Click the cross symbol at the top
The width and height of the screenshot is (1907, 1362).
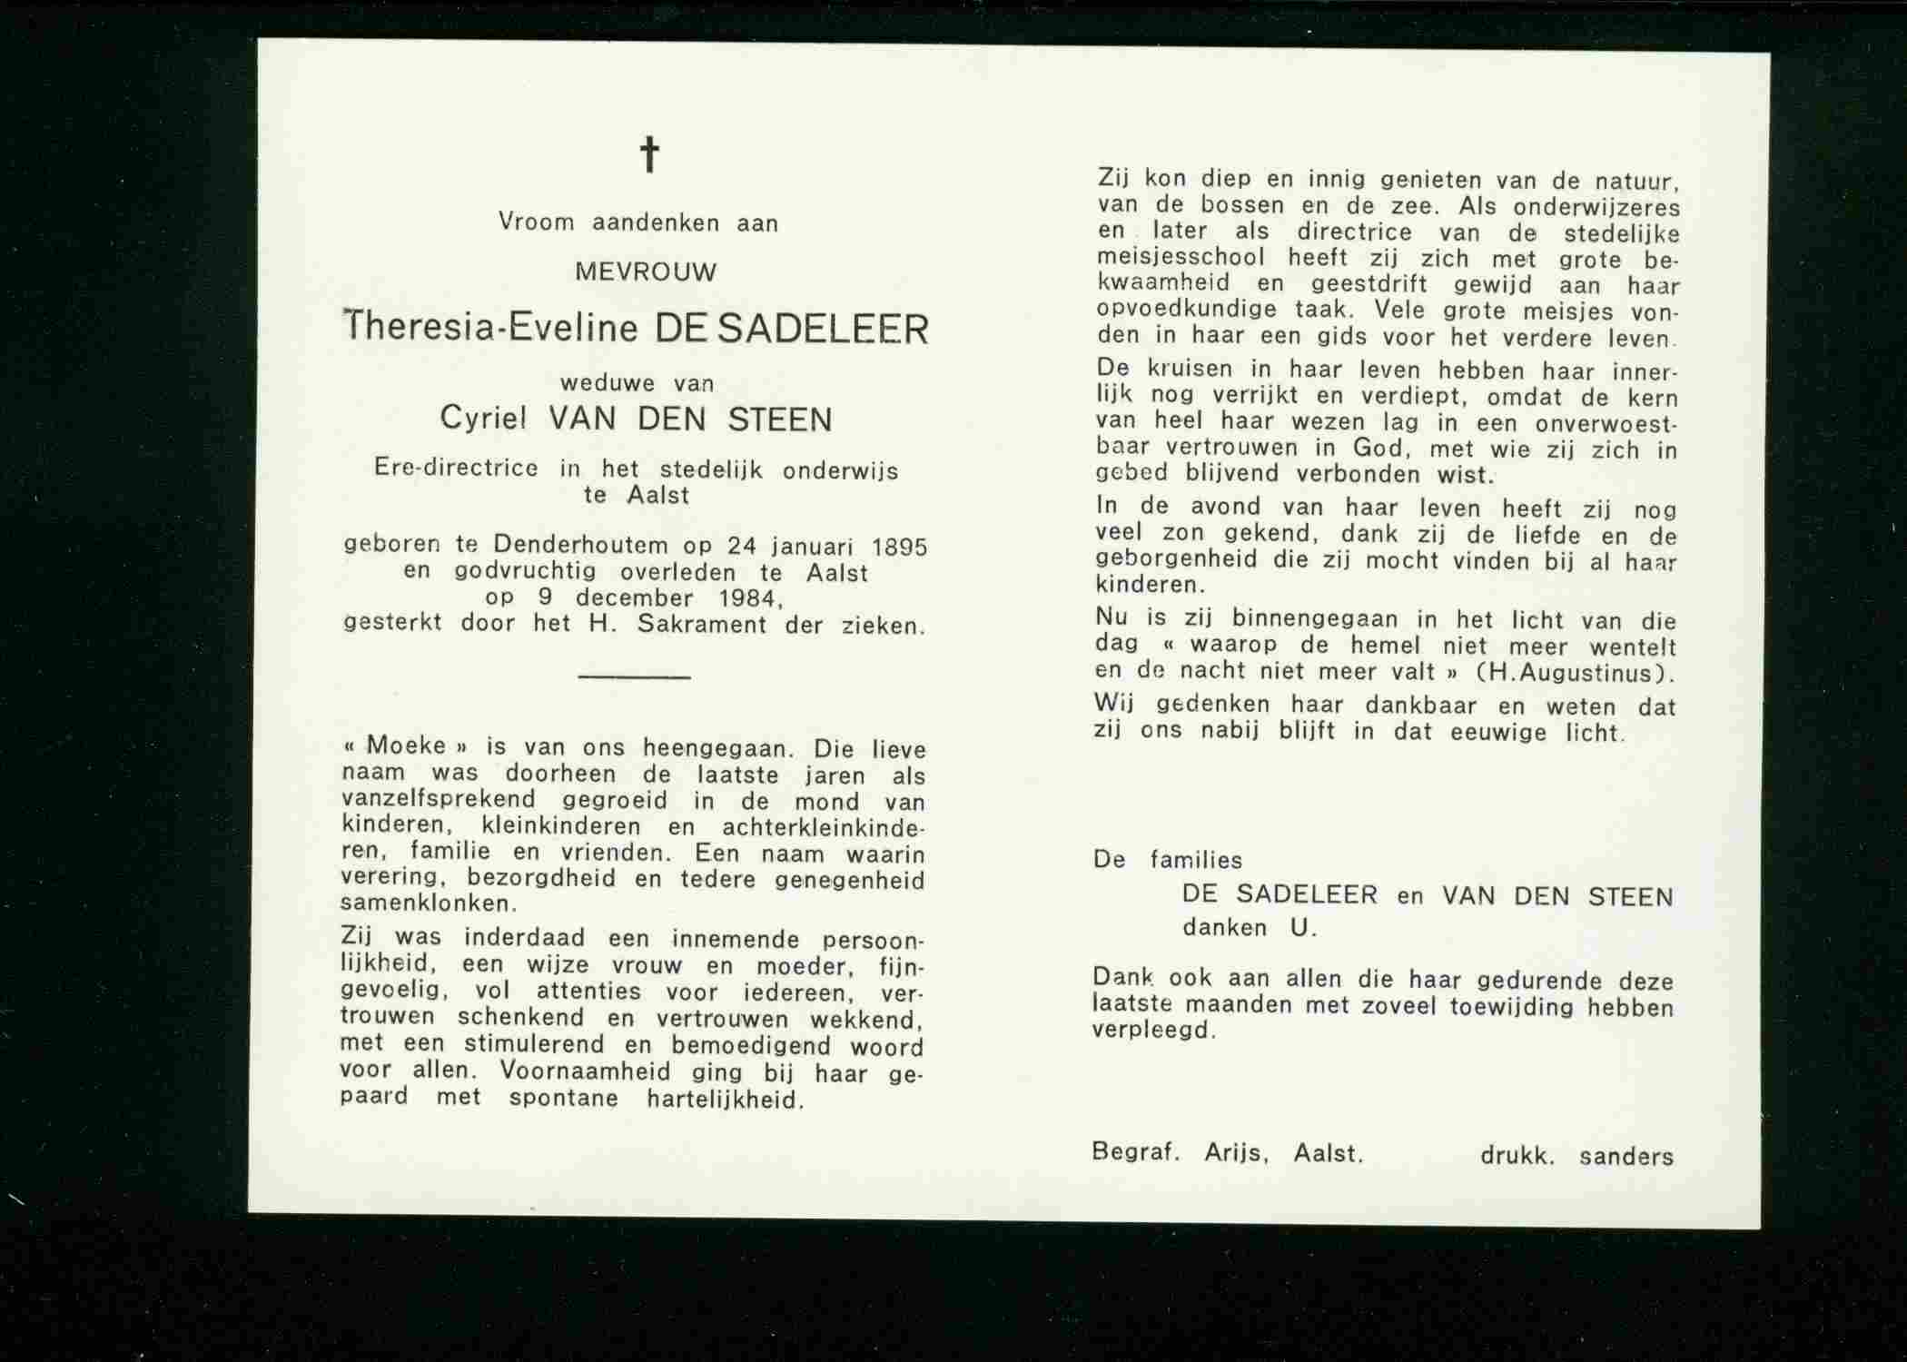pyautogui.click(x=649, y=154)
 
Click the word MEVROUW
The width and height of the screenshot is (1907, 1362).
pyautogui.click(x=646, y=271)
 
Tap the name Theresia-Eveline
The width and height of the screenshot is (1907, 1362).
pyautogui.click(x=491, y=327)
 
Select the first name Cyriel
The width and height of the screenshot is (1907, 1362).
pyautogui.click(x=484, y=419)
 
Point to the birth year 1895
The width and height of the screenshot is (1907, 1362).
pyautogui.click(x=899, y=547)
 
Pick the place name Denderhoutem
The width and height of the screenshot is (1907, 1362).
pyautogui.click(x=580, y=545)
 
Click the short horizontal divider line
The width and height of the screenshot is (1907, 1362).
pyautogui.click(x=634, y=676)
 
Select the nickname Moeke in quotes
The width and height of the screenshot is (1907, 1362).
pyautogui.click(x=407, y=746)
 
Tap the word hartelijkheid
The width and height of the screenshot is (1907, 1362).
pyautogui.click(x=724, y=1100)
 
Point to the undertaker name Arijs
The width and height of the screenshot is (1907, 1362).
pyautogui.click(x=1235, y=1153)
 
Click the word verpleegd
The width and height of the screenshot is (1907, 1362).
pyautogui.click(x=1152, y=1031)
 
